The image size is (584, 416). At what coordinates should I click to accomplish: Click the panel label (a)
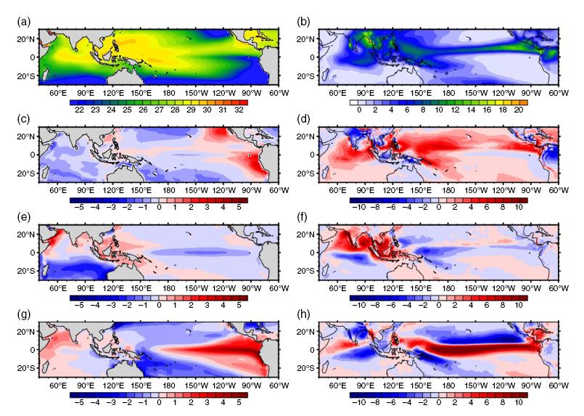(x=24, y=22)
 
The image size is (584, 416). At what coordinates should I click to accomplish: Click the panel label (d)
(x=303, y=119)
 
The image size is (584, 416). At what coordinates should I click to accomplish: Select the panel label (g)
(x=24, y=314)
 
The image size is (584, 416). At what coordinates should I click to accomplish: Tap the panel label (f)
(x=303, y=216)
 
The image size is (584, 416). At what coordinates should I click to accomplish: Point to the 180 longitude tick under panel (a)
(x=169, y=93)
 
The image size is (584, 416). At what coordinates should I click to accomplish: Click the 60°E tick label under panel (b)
(x=337, y=93)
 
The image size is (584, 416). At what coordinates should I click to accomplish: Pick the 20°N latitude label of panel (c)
(x=26, y=136)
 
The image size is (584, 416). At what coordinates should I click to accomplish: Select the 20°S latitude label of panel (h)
(x=305, y=368)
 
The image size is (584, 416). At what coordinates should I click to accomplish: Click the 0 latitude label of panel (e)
(x=33, y=253)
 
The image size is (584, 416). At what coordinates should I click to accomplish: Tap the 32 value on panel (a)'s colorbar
(x=239, y=110)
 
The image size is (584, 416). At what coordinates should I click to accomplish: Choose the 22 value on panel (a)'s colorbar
(x=79, y=110)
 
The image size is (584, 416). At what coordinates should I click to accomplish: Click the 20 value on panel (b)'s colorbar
(x=519, y=110)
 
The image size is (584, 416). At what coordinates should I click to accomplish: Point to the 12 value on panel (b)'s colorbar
(x=455, y=110)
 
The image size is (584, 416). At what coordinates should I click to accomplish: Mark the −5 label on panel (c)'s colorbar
(x=79, y=207)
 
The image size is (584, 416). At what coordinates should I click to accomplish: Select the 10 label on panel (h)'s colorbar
(x=519, y=403)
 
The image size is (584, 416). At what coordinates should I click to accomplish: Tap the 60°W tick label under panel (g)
(x=279, y=386)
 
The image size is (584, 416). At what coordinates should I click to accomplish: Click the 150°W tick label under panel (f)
(x=476, y=288)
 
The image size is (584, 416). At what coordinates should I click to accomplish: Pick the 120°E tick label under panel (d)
(x=393, y=190)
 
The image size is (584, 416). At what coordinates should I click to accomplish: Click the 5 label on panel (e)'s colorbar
(x=239, y=305)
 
